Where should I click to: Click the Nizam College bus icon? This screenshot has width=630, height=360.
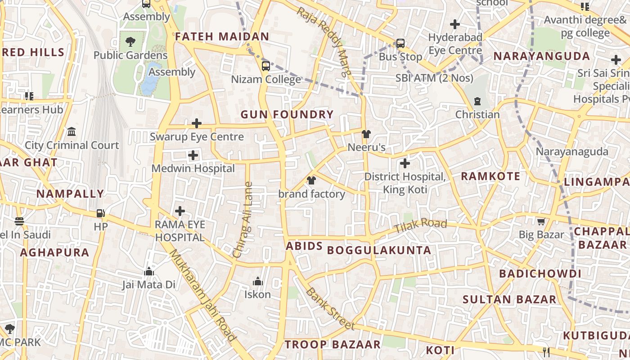point(266,66)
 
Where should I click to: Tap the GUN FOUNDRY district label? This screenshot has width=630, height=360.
point(287,114)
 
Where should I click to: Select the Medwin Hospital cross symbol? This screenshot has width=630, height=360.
point(193,156)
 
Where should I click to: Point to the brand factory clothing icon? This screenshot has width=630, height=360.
point(311,180)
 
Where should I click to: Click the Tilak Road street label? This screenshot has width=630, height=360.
point(420,226)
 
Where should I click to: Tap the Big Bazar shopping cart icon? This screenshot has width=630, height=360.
point(541,221)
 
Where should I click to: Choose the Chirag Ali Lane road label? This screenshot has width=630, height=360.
point(243,219)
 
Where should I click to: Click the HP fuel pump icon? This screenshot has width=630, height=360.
point(101,213)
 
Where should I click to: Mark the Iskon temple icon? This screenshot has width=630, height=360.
point(258,281)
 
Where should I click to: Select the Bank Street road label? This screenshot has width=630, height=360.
point(330,309)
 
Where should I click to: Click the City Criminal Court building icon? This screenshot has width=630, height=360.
point(72,132)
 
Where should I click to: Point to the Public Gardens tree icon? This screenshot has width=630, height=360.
point(130,42)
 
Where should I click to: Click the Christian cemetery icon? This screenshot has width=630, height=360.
point(477,101)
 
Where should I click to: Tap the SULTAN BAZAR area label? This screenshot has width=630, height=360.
point(509,299)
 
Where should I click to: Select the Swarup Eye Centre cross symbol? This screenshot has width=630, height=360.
point(197,123)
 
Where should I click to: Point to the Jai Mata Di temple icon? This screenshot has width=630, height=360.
point(149,271)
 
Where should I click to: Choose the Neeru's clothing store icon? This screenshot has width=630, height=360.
point(366,134)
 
